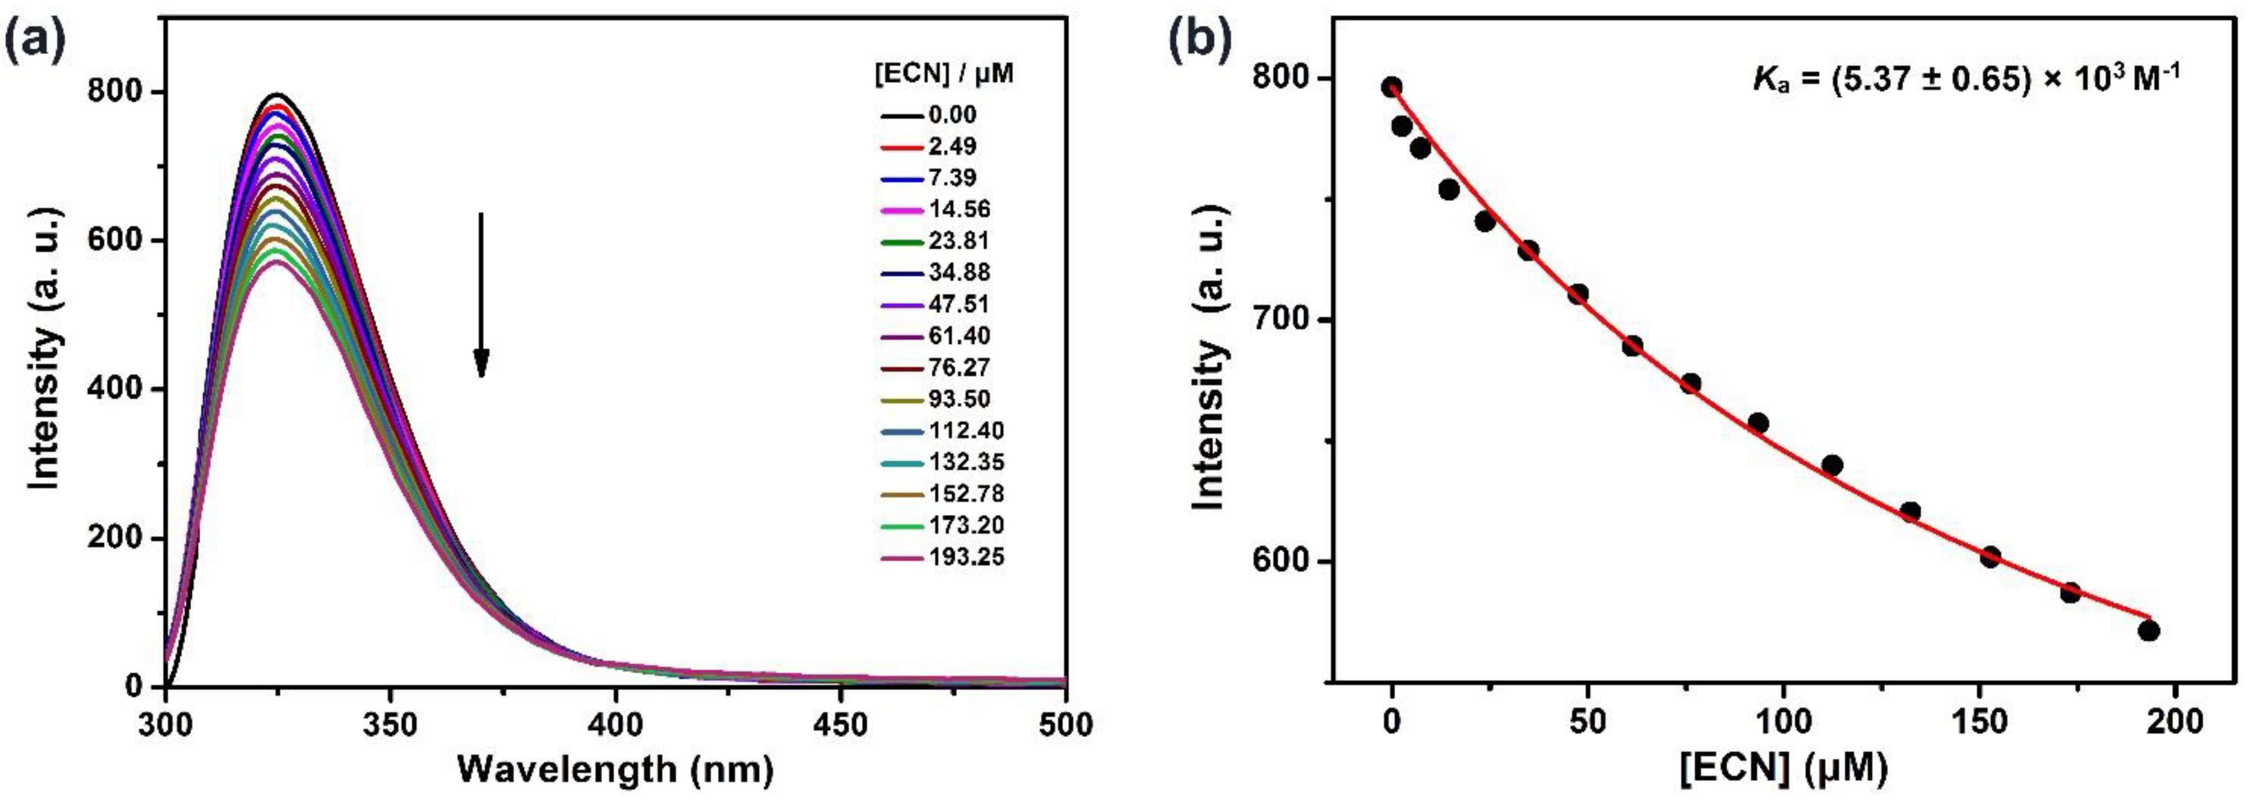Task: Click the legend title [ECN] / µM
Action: tap(944, 75)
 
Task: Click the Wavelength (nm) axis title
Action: tap(615, 769)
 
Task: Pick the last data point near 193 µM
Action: tap(2149, 631)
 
